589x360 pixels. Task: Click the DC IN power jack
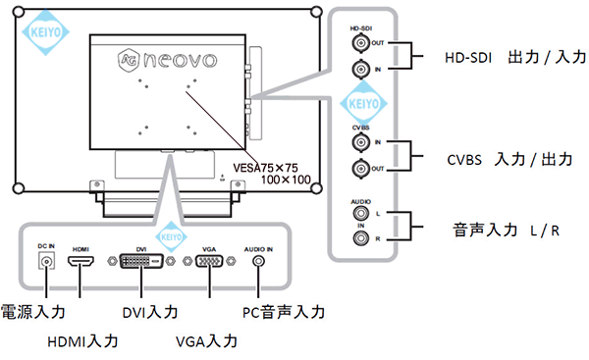pos(45,262)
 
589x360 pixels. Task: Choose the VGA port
pos(208,262)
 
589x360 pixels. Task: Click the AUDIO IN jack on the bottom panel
pos(259,262)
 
